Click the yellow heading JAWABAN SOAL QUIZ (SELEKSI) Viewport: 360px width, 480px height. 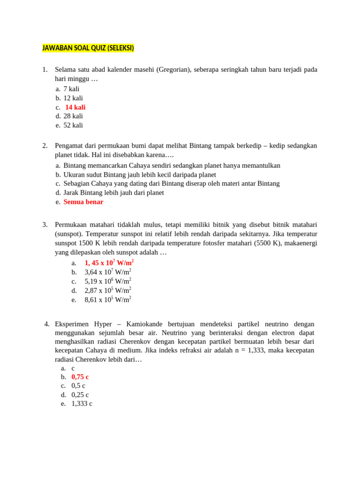88,48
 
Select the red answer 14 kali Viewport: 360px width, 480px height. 75,107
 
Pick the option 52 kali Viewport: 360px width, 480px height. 73,125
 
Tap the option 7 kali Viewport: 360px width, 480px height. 71,89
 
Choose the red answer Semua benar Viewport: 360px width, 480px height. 83,202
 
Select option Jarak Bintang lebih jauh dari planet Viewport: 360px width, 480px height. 113,193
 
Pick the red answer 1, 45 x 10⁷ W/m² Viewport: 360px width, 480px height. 109,263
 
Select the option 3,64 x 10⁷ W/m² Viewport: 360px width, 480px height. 108,272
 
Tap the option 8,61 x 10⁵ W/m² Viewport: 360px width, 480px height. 108,300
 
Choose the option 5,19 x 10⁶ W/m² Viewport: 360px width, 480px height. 108,281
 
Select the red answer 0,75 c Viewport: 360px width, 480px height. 80,377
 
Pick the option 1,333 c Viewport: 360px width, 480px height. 82,404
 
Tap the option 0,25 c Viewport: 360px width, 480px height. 80,395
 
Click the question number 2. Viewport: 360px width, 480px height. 45,146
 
